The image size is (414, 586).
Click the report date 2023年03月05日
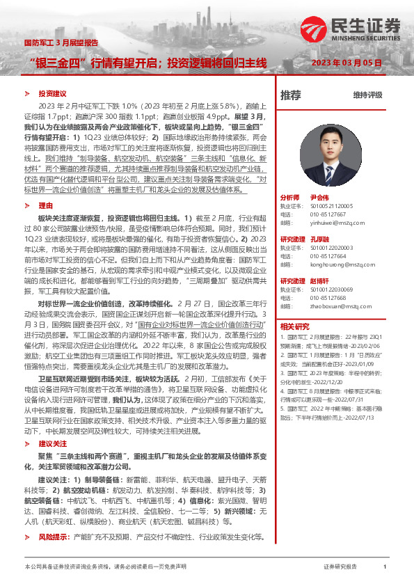point(347,63)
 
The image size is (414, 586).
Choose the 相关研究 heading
point(294,326)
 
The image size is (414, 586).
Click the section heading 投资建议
point(52,93)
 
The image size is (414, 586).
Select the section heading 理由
point(45,205)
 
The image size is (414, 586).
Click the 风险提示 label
point(54,537)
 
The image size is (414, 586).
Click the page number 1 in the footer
point(384,567)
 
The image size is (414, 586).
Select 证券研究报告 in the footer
point(340,567)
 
